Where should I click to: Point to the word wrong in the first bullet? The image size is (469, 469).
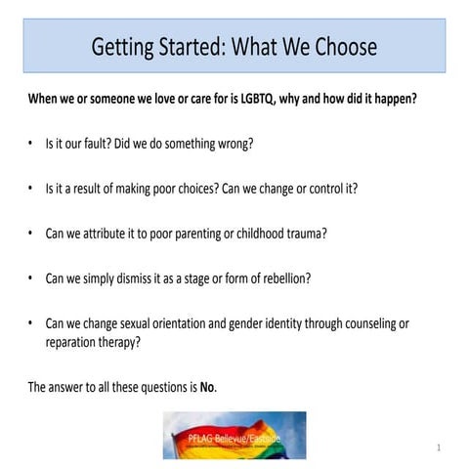click(x=234, y=144)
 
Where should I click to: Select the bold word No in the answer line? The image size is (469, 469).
click(x=206, y=387)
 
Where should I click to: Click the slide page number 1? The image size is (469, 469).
click(x=440, y=448)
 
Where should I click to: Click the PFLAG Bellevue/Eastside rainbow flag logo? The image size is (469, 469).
click(x=234, y=436)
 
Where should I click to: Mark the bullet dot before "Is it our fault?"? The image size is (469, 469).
click(x=30, y=145)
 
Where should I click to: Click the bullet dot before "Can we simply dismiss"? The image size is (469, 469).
click(x=30, y=278)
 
